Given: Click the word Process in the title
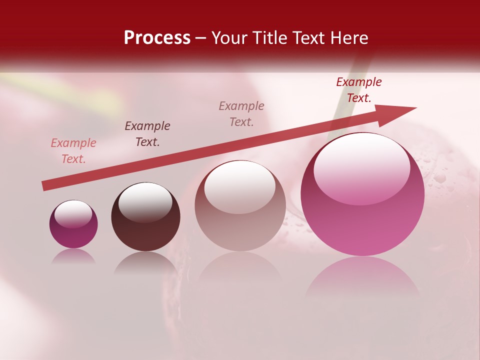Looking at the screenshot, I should tap(157, 38).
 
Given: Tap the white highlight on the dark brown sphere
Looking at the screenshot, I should tap(145, 201).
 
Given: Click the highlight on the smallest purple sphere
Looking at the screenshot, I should tap(73, 214).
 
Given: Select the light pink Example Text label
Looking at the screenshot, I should tap(73, 151).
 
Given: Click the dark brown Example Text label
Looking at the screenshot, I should tap(147, 134).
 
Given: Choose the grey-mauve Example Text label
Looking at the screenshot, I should tap(241, 114).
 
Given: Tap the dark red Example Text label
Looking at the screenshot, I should tap(359, 90).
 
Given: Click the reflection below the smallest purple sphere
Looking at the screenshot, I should tap(73, 256).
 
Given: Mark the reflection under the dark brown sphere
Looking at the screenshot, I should tap(145, 262).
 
